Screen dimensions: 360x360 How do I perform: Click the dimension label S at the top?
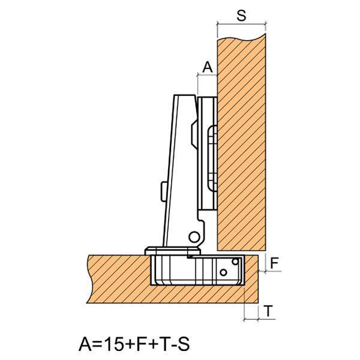(x=241, y=16)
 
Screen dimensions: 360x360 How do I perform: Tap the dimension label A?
(x=208, y=67)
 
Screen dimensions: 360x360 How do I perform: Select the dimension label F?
(x=274, y=263)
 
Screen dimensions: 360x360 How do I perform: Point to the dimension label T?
(x=268, y=311)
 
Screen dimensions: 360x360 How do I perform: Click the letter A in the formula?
(x=86, y=344)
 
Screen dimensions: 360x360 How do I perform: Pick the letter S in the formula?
(x=184, y=344)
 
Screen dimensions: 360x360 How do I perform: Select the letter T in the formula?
(x=165, y=344)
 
